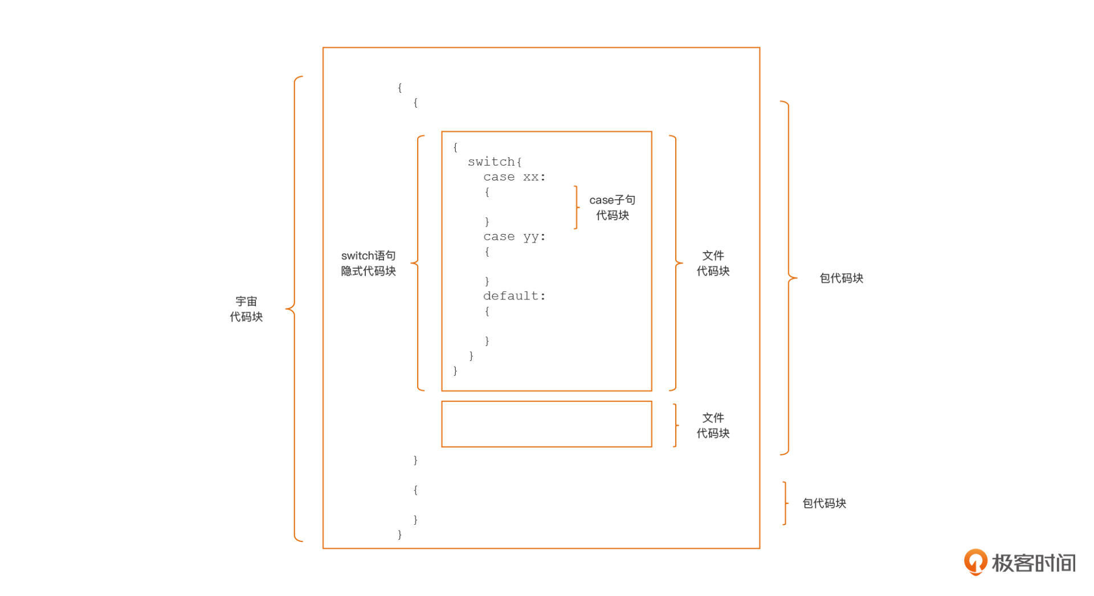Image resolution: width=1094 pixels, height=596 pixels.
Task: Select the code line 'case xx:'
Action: pos(514,177)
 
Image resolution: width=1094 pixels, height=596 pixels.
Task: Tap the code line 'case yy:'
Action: pos(514,237)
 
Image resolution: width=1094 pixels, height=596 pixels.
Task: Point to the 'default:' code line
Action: pos(514,296)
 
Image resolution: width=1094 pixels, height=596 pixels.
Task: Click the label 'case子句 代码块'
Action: pos(612,208)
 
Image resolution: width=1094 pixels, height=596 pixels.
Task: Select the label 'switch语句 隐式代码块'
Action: pos(368,264)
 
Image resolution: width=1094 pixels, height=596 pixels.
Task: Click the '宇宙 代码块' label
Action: pos(246,309)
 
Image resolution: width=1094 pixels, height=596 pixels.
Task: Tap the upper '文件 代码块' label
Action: pos(713,264)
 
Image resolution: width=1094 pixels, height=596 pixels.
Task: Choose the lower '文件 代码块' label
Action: pos(713,426)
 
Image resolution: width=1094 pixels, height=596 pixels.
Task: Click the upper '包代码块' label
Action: pos(841,278)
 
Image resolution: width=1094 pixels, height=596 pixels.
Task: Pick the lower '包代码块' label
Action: pos(824,503)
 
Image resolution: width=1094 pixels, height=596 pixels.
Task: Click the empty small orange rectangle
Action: pos(546,424)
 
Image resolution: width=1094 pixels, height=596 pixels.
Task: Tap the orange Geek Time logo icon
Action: pos(975,562)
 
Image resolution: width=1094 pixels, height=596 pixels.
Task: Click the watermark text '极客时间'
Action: pos(1034,563)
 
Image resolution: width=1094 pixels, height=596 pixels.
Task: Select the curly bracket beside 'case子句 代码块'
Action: pos(576,207)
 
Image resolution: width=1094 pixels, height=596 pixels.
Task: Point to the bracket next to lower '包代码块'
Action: pos(785,503)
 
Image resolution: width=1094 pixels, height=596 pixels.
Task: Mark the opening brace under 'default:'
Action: pos(487,311)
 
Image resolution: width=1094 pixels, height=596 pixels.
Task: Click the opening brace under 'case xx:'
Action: pos(487,192)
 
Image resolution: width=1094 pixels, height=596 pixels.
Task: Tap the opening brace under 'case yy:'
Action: pos(487,252)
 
